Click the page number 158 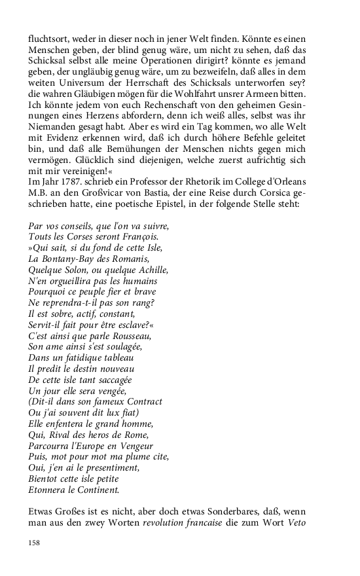[x=34, y=543]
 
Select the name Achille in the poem [x=151, y=270]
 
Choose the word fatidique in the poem [x=82, y=358]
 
